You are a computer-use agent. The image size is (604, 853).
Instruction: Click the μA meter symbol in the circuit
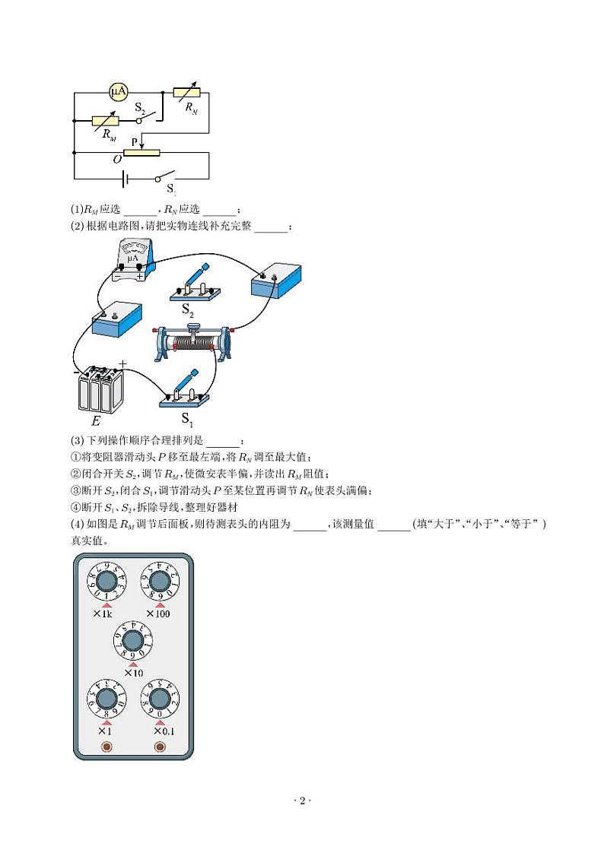pyautogui.click(x=118, y=92)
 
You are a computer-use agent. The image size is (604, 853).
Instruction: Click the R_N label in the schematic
pyautogui.click(x=192, y=108)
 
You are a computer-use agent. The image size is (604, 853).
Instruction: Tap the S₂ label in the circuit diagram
pyautogui.click(x=140, y=108)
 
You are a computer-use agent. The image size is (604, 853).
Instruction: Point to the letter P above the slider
pyautogui.click(x=134, y=141)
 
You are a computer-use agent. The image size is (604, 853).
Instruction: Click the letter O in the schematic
pyautogui.click(x=116, y=159)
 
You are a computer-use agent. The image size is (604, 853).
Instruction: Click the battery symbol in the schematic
pyautogui.click(x=125, y=179)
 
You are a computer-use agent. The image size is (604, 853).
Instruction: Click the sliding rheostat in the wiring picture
pyautogui.click(x=196, y=342)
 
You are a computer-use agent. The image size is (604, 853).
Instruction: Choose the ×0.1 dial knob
pyautogui.click(x=159, y=698)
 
